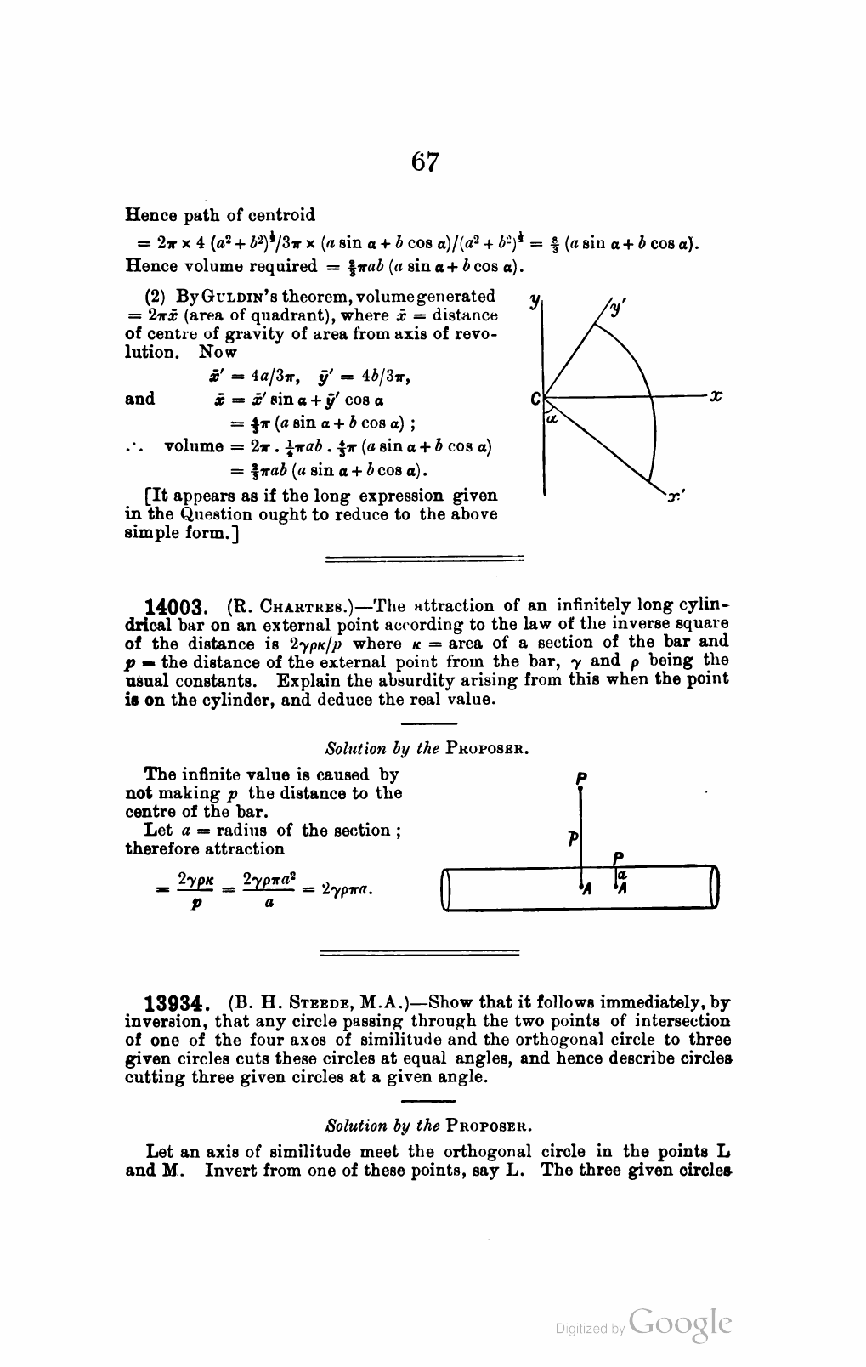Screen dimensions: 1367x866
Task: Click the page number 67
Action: pyautogui.click(x=425, y=161)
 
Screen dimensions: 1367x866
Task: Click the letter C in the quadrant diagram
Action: pyautogui.click(x=535, y=398)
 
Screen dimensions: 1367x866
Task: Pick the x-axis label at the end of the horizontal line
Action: pyautogui.click(x=716, y=395)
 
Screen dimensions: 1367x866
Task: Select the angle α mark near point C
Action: pyautogui.click(x=551, y=418)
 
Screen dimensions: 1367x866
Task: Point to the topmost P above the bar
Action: pyautogui.click(x=580, y=777)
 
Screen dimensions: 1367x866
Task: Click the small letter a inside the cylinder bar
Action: pyautogui.click(x=623, y=874)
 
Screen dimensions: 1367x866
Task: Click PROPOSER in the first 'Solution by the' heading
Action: pyautogui.click(x=489, y=750)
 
